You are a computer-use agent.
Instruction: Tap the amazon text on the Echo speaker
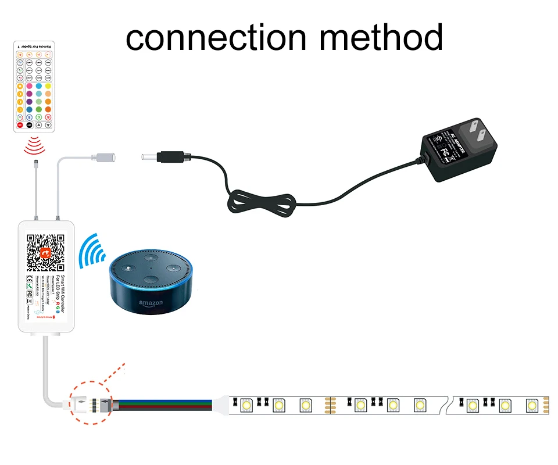point(151,303)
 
